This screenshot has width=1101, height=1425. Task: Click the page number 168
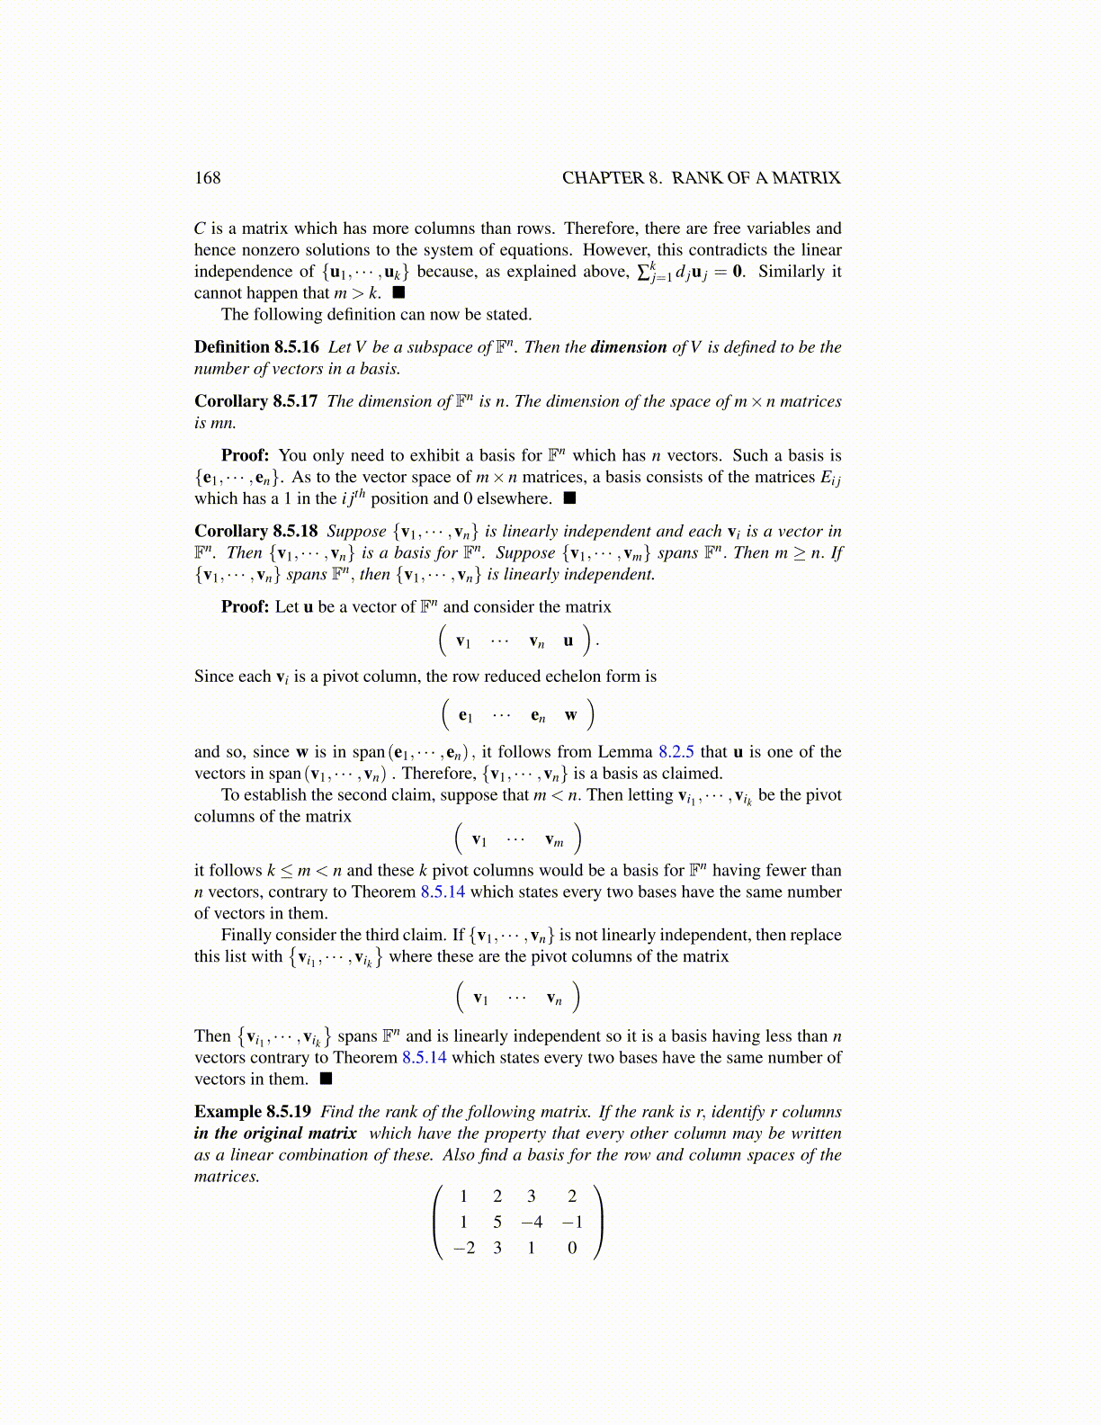coord(207,178)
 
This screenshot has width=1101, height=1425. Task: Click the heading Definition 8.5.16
coord(256,347)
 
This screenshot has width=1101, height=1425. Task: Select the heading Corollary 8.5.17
coord(255,401)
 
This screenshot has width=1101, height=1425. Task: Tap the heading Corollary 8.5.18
coord(255,532)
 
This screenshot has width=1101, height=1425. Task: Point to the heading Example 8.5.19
coord(253,1112)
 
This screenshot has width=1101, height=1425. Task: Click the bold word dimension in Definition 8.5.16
coord(628,347)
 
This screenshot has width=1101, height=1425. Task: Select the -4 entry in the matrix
coord(532,1222)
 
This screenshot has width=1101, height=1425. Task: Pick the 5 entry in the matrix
coord(497,1222)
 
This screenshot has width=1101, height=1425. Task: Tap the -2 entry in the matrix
coord(464,1248)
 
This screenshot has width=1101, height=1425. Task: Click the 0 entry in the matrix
coord(572,1248)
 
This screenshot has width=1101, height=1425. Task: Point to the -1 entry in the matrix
coord(572,1222)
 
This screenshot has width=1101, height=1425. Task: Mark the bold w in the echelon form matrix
coord(571,715)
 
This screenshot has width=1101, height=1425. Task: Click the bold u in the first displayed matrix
coord(568,641)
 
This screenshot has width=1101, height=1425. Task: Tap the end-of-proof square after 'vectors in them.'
coord(326,1079)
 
